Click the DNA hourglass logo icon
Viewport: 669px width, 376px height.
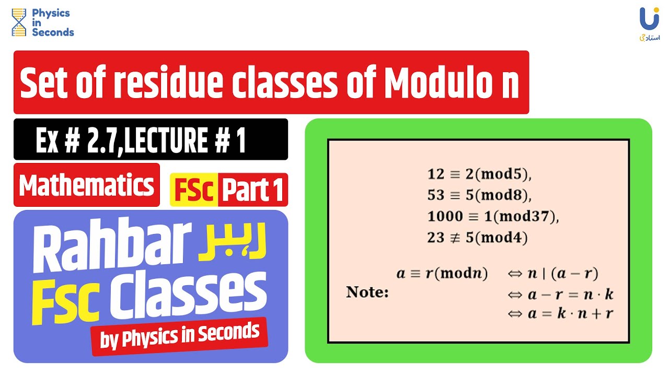pyautogui.click(x=19, y=22)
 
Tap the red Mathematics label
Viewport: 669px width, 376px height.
pyautogui.click(x=87, y=185)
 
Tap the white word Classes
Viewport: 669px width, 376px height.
pyautogui.click(x=188, y=295)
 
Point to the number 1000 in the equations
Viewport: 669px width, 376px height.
pyautogui.click(x=445, y=216)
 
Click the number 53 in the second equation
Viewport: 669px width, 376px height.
pyautogui.click(x=435, y=195)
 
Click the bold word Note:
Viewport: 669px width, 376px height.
pyautogui.click(x=367, y=292)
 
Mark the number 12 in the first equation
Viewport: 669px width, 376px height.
pyautogui.click(x=435, y=174)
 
